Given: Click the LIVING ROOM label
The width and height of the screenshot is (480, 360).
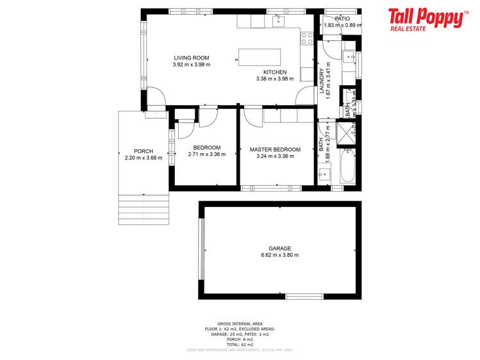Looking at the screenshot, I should pos(191,58).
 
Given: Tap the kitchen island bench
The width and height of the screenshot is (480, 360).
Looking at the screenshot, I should pos(260,56).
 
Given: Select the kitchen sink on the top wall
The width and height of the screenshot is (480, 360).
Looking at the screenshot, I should pos(277,21).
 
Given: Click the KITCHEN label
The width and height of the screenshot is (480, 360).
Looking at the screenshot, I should pos(274,72).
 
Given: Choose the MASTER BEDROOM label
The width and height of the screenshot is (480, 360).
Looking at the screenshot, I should pos(274,149).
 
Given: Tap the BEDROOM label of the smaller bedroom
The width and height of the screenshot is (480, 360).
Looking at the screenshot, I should pos(206,147).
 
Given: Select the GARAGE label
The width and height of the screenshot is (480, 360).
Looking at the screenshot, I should pos(279,248).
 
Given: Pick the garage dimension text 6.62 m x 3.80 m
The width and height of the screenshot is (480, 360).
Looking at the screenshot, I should pos(279,255).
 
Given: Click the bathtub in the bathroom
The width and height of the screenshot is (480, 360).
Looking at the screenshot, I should pos(347,165).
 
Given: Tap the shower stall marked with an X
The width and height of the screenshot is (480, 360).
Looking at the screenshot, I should pos(346,135).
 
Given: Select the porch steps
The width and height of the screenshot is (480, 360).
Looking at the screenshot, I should pos(143,209).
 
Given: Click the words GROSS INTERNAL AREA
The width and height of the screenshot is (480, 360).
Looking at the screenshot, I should pos(240,323).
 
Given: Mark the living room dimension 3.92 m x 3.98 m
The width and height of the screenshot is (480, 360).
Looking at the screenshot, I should pos(191,65).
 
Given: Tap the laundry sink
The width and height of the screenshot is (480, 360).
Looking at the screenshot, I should pos(350,56).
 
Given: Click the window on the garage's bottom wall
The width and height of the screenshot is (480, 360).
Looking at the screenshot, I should pos(299,295).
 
